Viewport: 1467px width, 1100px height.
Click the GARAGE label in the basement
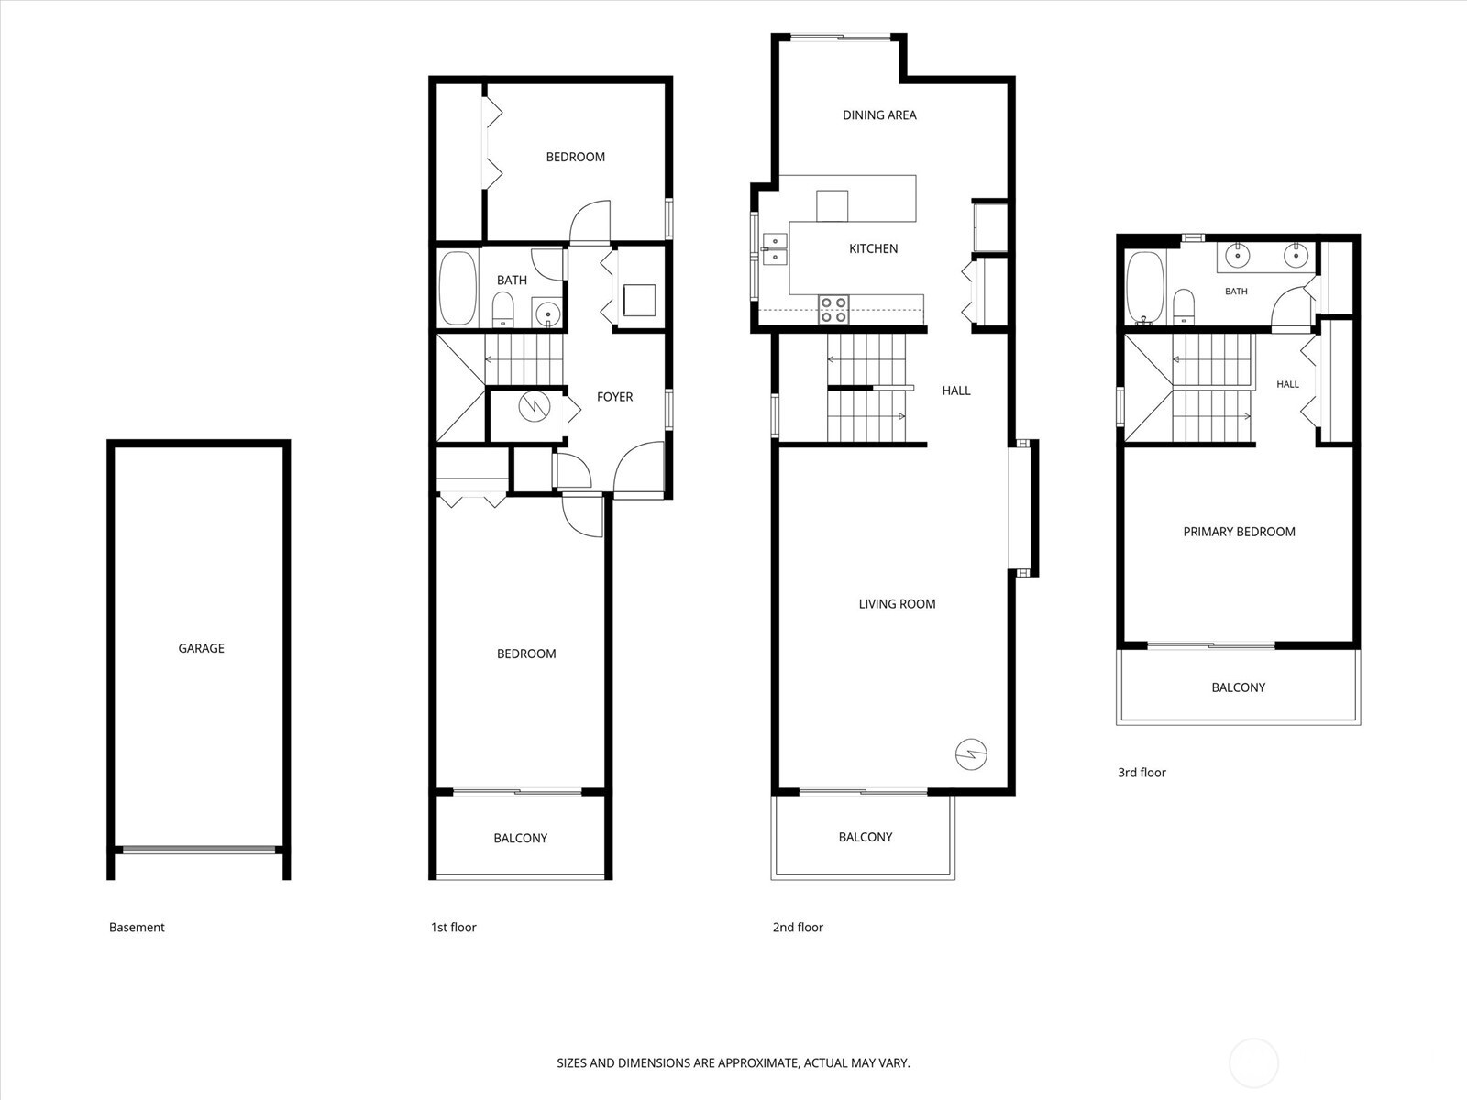[201, 648]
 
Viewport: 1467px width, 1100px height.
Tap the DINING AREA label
[879, 115]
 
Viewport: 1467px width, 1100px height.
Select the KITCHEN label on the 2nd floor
[873, 248]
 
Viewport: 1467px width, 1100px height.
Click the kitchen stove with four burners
[833, 310]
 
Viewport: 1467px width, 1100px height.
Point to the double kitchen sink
[775, 248]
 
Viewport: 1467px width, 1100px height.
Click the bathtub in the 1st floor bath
[458, 288]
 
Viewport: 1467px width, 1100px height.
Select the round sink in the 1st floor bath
[548, 313]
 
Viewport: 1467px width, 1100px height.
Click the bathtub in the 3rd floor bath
[1145, 288]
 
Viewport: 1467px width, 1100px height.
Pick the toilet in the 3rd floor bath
[1185, 306]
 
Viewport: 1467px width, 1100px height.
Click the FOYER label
[614, 397]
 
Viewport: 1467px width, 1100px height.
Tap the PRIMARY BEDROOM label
[1239, 532]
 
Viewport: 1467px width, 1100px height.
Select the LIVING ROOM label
[897, 604]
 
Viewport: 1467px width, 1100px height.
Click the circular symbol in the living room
[971, 754]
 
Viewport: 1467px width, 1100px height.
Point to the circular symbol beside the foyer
[535, 405]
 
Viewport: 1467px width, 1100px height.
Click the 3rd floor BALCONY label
[1239, 687]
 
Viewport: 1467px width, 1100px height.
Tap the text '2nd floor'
[798, 927]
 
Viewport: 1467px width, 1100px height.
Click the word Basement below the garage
[137, 927]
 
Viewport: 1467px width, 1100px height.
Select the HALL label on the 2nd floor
[955, 390]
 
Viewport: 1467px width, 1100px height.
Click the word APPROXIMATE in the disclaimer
[758, 1062]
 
